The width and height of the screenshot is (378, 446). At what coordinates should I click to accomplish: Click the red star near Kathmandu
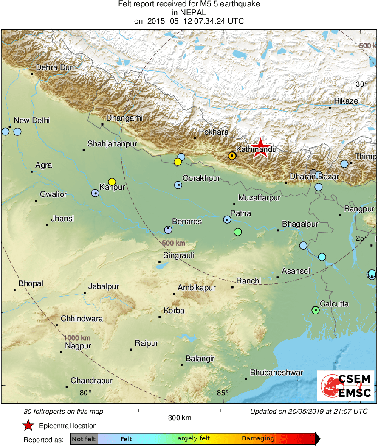pos(260,148)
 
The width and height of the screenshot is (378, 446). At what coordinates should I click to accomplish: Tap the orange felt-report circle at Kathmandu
pos(232,156)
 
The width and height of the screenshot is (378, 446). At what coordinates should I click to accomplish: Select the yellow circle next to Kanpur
pos(112,182)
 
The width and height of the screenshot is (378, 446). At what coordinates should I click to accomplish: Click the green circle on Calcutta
pos(315,310)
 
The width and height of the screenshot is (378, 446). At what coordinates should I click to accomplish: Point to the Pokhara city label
pos(214,132)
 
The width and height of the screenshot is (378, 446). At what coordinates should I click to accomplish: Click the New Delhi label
pos(32,121)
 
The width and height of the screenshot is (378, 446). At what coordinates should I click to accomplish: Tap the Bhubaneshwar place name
pos(276,373)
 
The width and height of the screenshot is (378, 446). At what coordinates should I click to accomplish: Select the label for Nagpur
pos(78,346)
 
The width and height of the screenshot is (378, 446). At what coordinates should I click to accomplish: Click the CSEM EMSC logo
pos(346,385)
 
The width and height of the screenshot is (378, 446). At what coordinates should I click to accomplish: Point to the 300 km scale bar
pos(180,410)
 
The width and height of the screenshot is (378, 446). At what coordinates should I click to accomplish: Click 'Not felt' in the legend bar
pos(84,439)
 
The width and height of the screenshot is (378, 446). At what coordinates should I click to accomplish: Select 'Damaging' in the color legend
pos(258,439)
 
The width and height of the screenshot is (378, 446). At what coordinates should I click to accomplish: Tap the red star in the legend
pos(28,425)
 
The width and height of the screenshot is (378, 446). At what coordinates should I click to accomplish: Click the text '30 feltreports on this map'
pos(64,412)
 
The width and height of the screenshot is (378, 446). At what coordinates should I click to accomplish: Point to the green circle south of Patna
pos(238,232)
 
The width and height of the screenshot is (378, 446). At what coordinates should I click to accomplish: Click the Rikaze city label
pos(346,101)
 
